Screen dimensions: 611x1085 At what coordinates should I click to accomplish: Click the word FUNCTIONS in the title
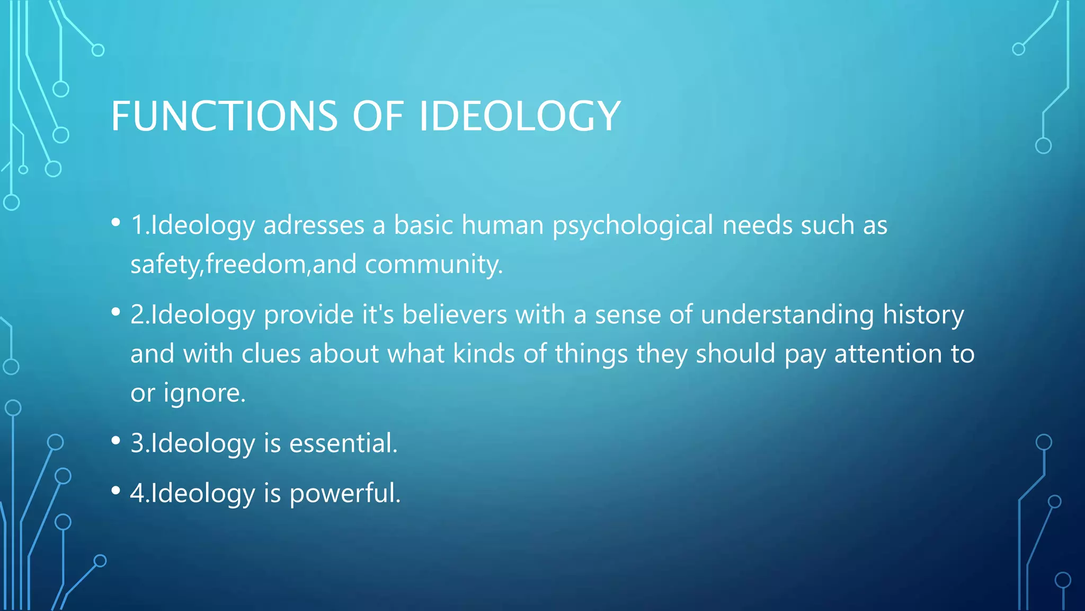coord(224,116)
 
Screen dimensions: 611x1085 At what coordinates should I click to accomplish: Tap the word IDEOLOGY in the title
coord(519,116)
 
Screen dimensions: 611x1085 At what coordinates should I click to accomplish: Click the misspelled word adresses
coord(314,225)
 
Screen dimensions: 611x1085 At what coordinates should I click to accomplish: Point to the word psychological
coord(633,226)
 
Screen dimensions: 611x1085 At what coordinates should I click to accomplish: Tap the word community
coord(433,264)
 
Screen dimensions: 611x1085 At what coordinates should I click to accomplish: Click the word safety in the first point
coord(165,264)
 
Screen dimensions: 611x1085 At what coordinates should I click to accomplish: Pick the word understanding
coord(787,315)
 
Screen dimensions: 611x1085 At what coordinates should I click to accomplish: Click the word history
coord(923,315)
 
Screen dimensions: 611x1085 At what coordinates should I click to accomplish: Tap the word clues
coord(271,353)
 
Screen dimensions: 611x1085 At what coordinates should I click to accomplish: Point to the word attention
coord(888,353)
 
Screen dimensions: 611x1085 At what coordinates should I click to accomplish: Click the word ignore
coord(203,394)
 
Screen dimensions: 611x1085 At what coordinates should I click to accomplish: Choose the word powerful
coord(344,493)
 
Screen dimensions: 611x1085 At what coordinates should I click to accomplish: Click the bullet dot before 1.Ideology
coord(116,223)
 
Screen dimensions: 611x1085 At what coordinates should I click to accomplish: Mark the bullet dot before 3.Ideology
coord(116,441)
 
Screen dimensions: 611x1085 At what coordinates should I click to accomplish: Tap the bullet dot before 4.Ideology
coord(116,491)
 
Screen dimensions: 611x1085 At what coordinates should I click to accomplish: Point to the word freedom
coord(256,264)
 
